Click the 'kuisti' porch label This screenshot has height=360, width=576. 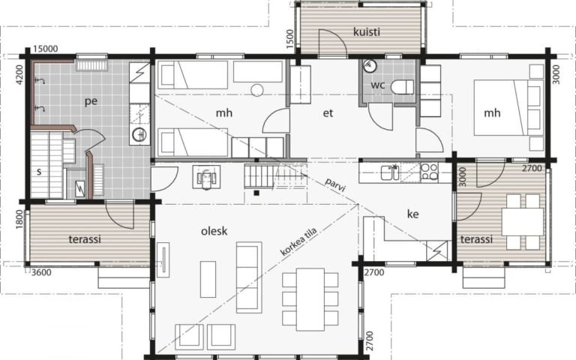pos(366,32)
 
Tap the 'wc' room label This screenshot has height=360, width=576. pos(378,85)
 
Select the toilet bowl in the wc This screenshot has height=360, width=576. pos(402,88)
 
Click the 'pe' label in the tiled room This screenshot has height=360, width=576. pos(91,101)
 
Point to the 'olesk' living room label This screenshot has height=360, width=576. pos(214,231)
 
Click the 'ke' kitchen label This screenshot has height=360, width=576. pos(413,214)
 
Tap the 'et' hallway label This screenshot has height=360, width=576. pos(328,113)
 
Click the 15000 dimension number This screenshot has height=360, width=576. pos(46,49)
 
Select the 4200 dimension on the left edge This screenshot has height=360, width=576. pos(19,74)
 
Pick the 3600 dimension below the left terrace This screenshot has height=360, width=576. pos(41,272)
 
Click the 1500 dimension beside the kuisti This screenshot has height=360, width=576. pos(289,39)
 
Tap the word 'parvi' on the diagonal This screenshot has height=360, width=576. pos(335,184)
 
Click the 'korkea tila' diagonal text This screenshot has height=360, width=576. pos(298,242)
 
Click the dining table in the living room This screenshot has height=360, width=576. pos(310,299)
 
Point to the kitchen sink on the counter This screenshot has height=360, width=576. pos(390,172)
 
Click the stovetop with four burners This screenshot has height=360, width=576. pos(429,172)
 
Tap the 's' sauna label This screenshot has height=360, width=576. pos(39,171)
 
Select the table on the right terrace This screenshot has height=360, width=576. pos(523,221)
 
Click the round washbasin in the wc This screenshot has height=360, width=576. pos(370,66)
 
